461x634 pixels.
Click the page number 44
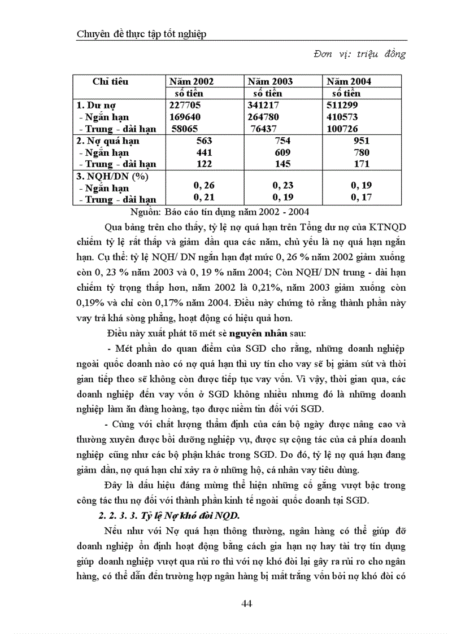click(246, 604)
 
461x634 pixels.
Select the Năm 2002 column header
click(192, 82)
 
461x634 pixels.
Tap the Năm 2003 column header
click(270, 82)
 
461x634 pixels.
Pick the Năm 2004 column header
click(349, 82)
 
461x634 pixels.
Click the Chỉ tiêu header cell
click(111, 81)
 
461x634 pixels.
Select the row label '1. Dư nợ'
click(95, 105)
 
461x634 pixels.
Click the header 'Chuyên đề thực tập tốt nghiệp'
click(141, 34)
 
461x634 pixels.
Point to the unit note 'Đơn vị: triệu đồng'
click(359, 54)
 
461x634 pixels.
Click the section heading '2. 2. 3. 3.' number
click(115, 515)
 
